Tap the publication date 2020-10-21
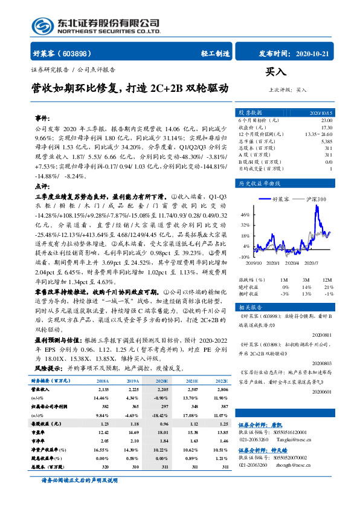[315, 53]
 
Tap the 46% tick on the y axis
[245, 215]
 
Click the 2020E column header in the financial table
[161, 381]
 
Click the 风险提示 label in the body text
[49, 367]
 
